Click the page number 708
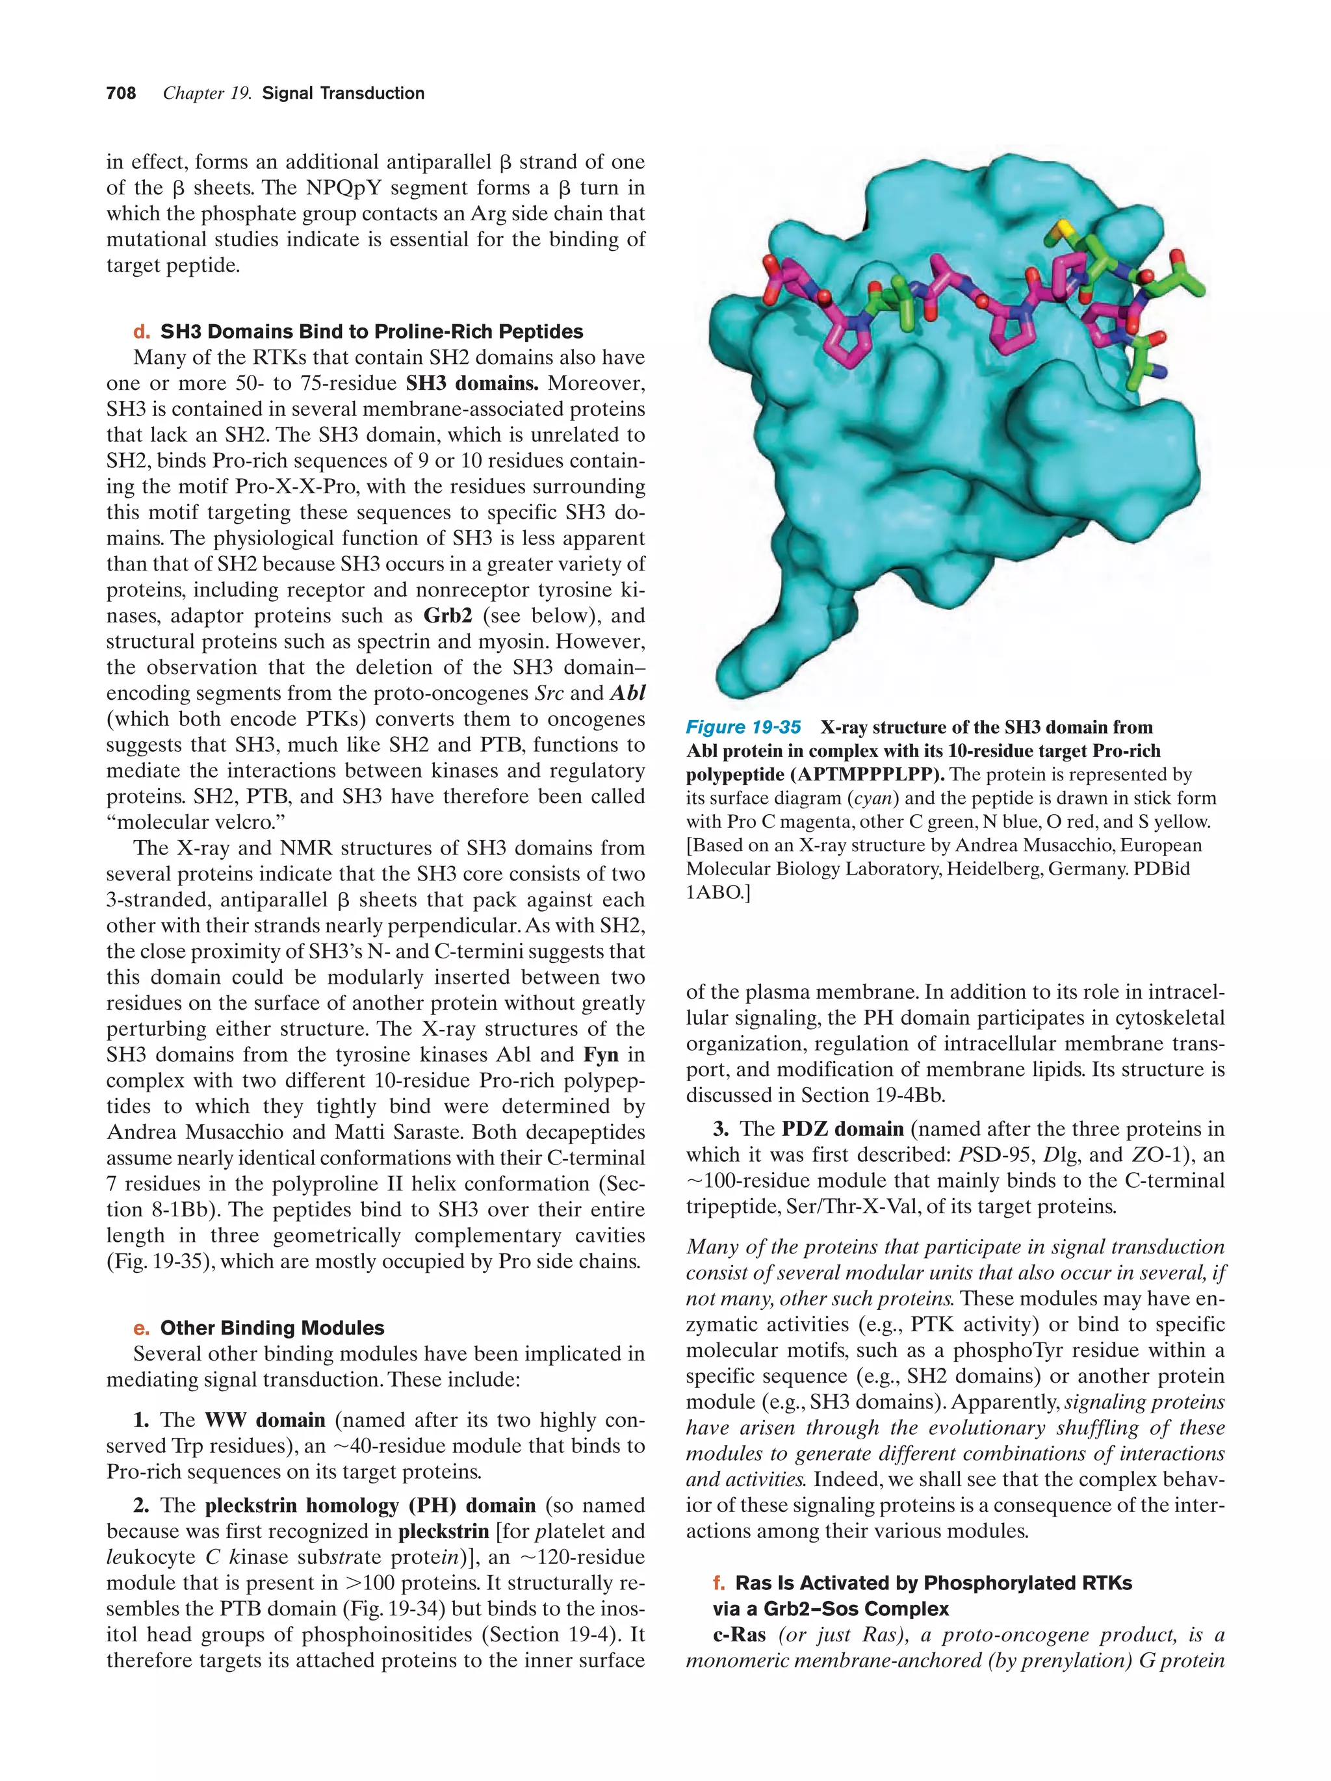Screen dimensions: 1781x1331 click(x=121, y=94)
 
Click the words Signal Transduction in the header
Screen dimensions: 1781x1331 click(x=343, y=94)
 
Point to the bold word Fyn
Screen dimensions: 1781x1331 click(x=600, y=1055)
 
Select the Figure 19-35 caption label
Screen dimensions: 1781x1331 click(x=742, y=727)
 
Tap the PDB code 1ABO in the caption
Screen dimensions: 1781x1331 click(x=714, y=892)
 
